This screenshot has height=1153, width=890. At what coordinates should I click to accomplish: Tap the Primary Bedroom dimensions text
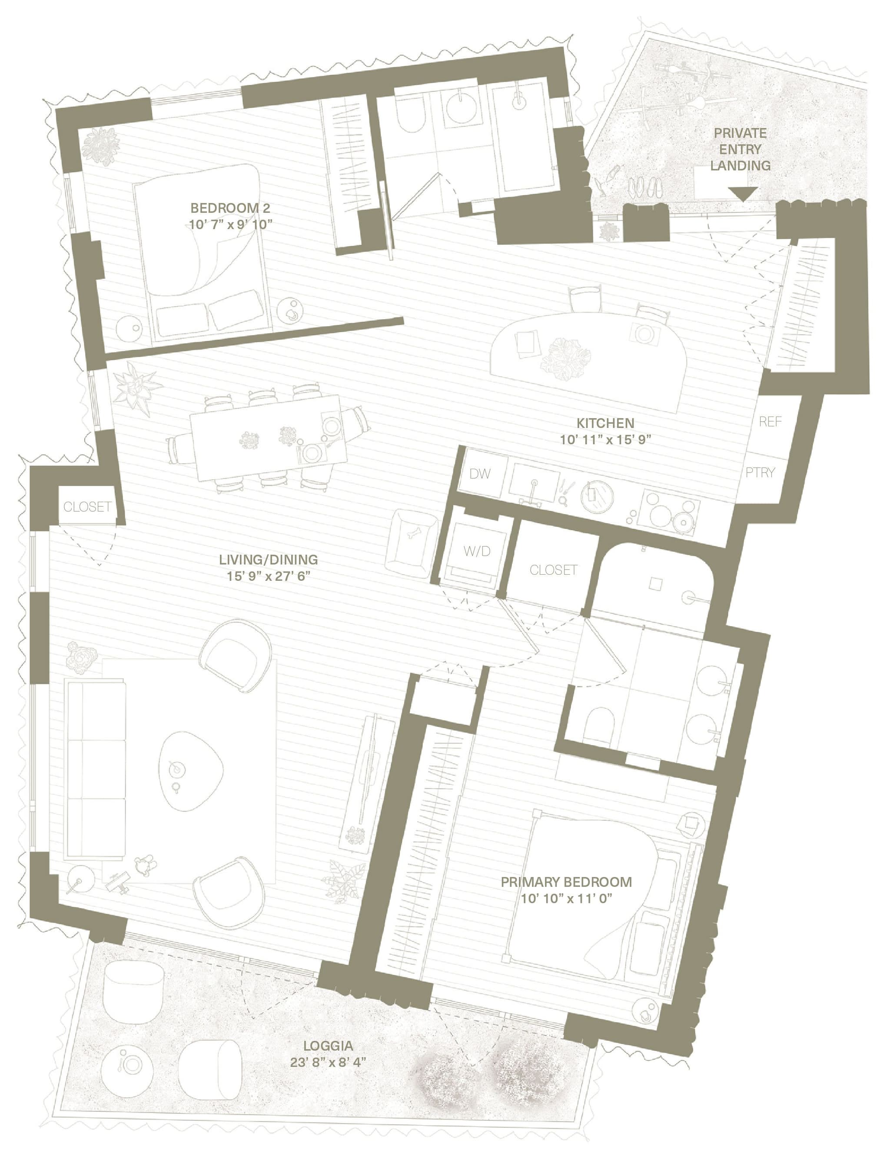tap(566, 899)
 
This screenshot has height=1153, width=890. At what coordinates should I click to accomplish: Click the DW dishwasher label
tap(480, 473)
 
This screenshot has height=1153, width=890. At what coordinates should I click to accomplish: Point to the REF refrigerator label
tap(770, 421)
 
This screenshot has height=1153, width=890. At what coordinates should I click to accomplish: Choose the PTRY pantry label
tap(760, 472)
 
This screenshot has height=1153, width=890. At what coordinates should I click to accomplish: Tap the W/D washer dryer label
tap(477, 551)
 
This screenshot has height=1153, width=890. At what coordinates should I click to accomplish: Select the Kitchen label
tap(604, 423)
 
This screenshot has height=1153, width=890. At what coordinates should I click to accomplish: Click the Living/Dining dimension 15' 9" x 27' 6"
tap(272, 576)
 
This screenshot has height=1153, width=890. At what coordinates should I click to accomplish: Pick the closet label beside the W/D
tap(553, 570)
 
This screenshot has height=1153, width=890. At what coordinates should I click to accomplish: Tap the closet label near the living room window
tap(87, 507)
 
